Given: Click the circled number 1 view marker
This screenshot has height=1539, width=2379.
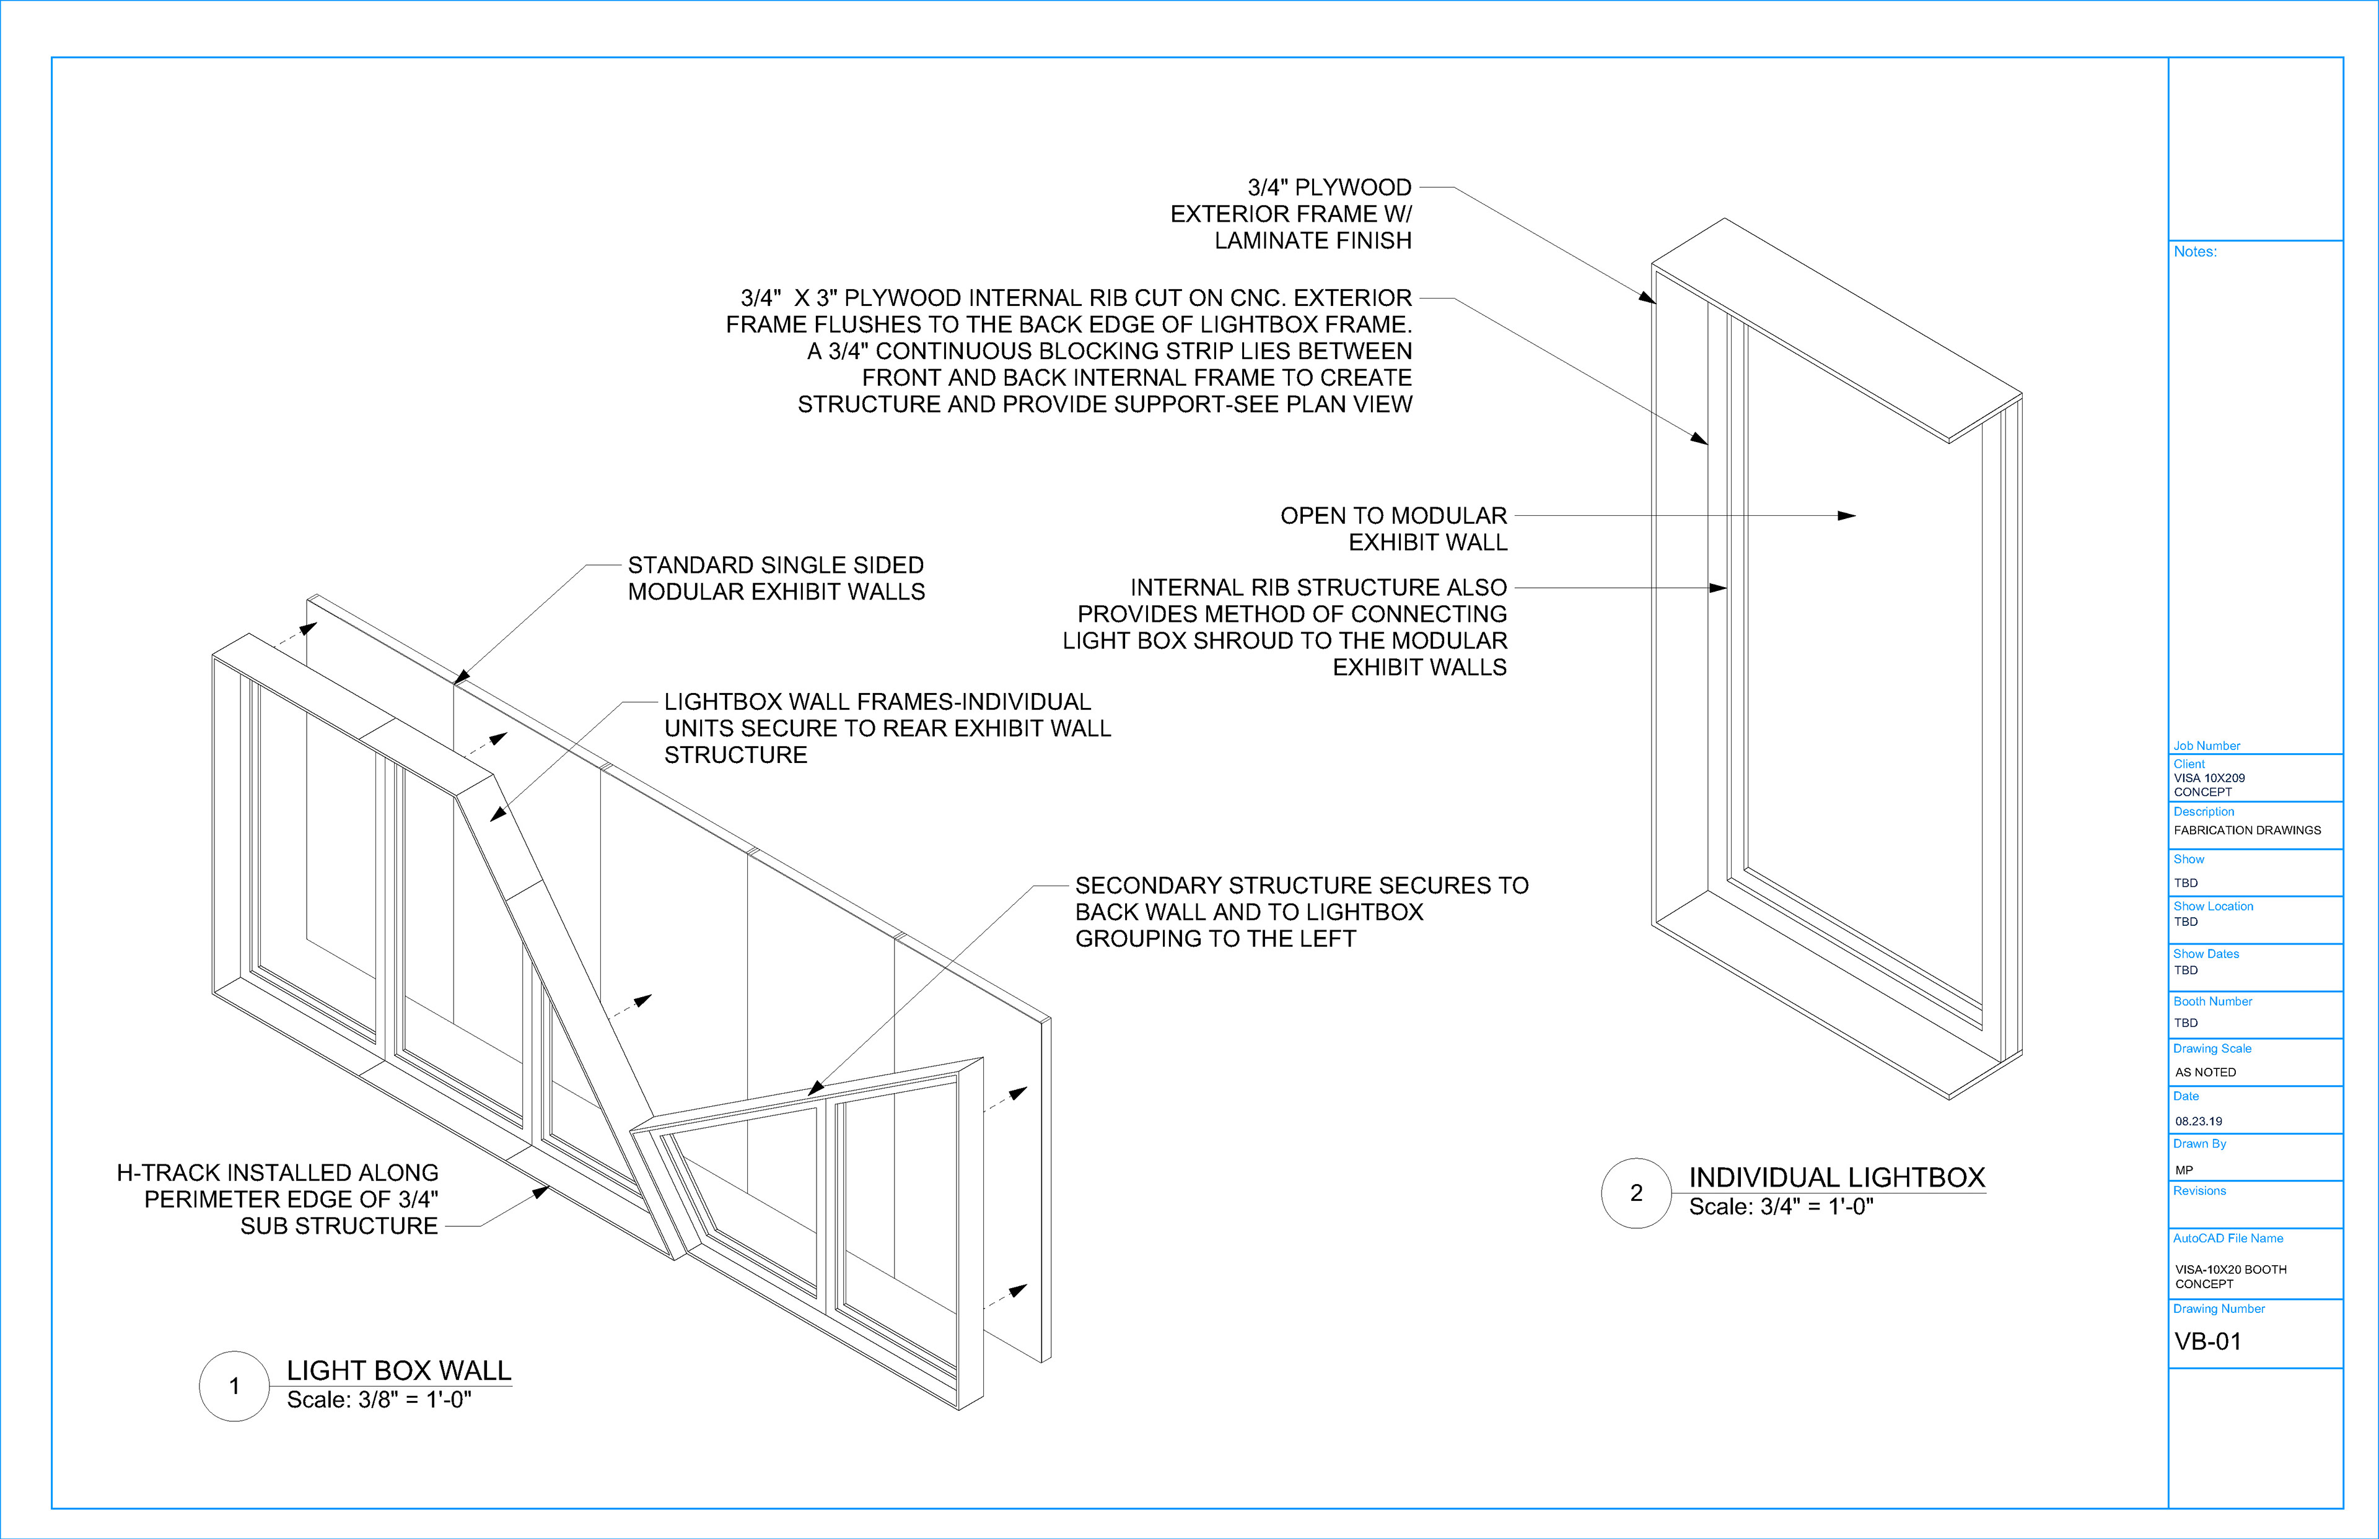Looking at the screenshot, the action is pyautogui.click(x=234, y=1386).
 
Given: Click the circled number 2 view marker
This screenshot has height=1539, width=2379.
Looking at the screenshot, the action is pyautogui.click(x=1636, y=1193).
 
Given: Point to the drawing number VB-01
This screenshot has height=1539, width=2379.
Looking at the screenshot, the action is pyautogui.click(x=2208, y=1341).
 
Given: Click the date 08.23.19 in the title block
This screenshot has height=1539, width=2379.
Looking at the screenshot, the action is pyautogui.click(x=2199, y=1121).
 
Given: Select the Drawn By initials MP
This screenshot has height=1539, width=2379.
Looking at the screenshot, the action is pyautogui.click(x=2184, y=1169).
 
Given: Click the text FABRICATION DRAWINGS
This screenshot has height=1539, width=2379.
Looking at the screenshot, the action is pyautogui.click(x=2247, y=831).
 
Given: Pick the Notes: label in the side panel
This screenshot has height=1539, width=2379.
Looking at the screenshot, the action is pyautogui.click(x=2195, y=252).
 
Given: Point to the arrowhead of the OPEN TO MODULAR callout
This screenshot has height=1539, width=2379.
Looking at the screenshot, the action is pyautogui.click(x=1848, y=516).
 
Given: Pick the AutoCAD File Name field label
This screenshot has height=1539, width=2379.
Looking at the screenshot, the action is pyautogui.click(x=2228, y=1238).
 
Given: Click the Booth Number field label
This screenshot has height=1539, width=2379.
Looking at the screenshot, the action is pyautogui.click(x=2212, y=1001).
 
